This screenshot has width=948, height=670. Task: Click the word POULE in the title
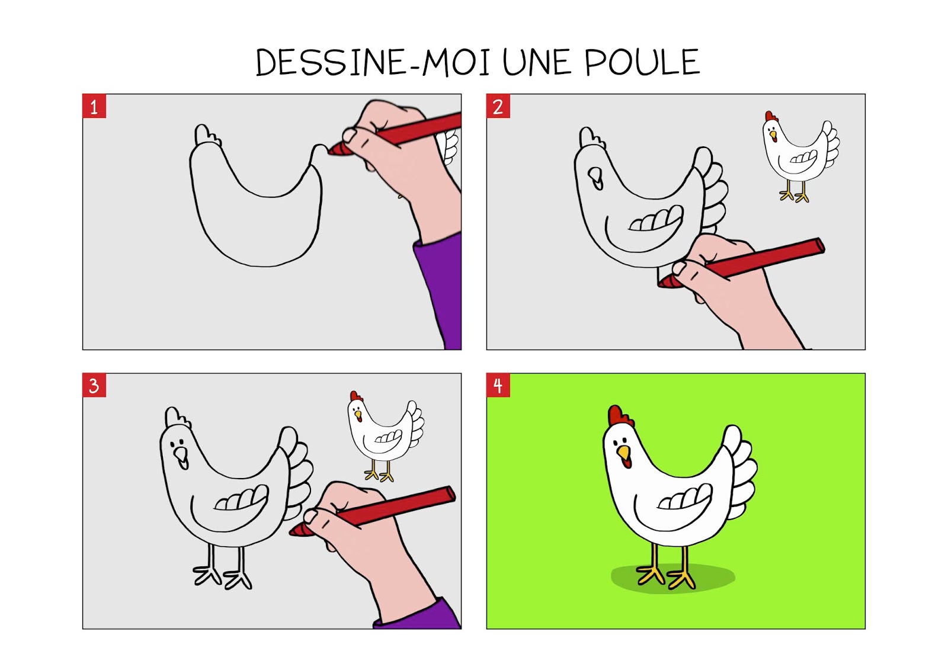(642, 62)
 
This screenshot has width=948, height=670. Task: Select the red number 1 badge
(94, 106)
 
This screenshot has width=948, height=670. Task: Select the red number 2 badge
(498, 106)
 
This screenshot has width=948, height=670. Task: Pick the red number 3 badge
(94, 385)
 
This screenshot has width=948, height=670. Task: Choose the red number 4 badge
(498, 385)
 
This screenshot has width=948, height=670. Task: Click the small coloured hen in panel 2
(800, 156)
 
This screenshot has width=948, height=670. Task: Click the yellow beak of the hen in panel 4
(623, 453)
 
